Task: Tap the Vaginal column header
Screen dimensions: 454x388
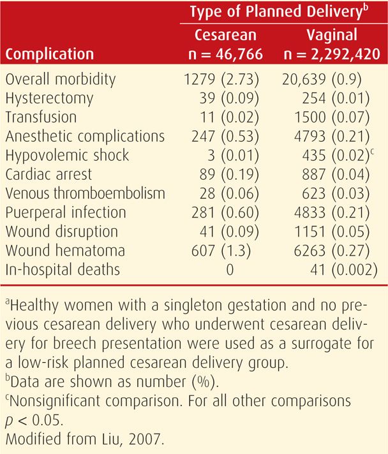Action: click(x=330, y=34)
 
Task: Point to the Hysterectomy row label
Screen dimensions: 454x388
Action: click(x=48, y=98)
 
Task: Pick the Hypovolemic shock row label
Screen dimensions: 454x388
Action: click(x=66, y=155)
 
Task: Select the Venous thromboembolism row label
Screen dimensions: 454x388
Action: click(x=84, y=193)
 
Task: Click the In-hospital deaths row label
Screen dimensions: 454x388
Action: click(x=61, y=269)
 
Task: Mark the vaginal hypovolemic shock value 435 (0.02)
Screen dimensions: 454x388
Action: click(x=335, y=155)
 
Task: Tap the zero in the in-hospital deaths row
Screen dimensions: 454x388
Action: click(x=230, y=269)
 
